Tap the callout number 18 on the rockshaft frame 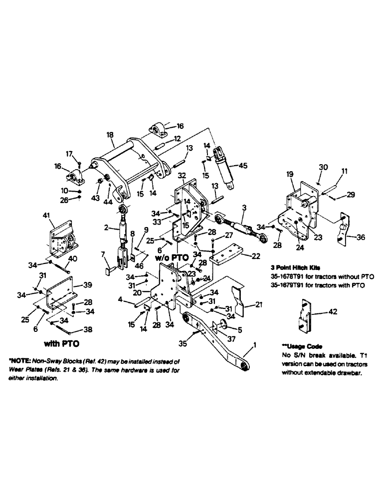[x=110, y=135]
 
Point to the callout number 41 [x=46, y=215]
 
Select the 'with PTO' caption [x=62, y=344]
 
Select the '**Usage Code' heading [x=302, y=345]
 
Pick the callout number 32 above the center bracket [x=181, y=176]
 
